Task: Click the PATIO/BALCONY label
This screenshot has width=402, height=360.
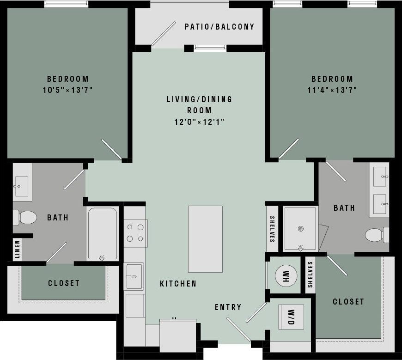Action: [219, 27]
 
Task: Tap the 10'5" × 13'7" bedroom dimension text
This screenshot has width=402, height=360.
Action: [68, 90]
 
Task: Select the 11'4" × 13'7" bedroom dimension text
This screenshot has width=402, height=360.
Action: [332, 90]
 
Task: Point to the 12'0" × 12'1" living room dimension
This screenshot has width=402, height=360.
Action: [200, 122]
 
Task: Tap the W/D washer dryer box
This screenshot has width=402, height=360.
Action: [291, 317]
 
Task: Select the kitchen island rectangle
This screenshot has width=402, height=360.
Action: [205, 239]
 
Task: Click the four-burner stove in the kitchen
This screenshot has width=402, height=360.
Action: [135, 233]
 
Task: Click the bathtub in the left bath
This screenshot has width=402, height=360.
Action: [103, 234]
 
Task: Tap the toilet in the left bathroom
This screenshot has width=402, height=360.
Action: [25, 217]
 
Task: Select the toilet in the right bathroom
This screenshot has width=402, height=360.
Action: [376, 235]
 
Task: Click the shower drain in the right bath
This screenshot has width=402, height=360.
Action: [301, 228]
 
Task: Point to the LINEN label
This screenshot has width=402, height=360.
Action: [17, 249]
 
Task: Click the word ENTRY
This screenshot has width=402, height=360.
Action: [228, 307]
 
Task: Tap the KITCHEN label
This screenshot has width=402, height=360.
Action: [178, 284]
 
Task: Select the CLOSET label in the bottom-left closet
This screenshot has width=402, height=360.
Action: [64, 283]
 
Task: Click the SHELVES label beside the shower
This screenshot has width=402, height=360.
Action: [272, 229]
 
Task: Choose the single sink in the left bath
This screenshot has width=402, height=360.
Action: [21, 186]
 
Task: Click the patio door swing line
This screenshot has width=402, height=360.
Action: [163, 34]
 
